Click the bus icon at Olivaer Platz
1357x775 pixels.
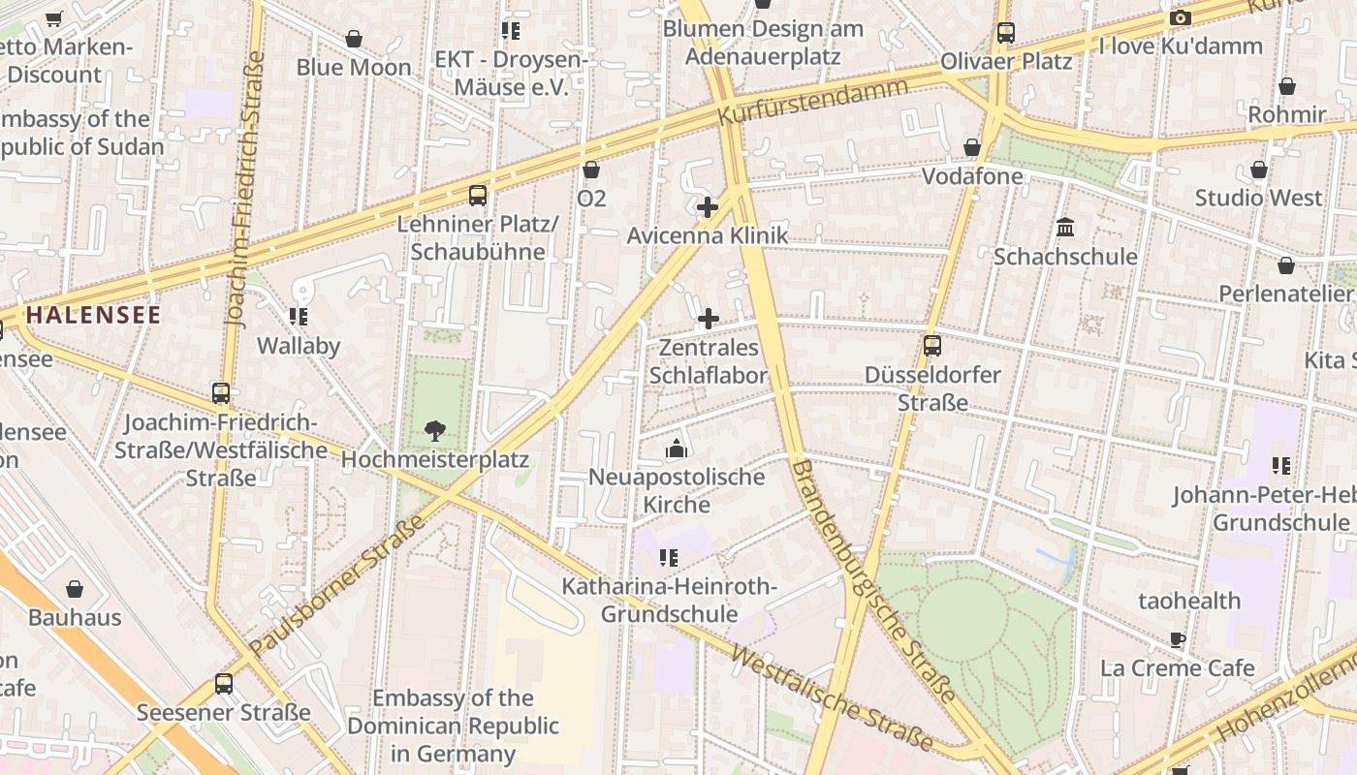click(x=1006, y=33)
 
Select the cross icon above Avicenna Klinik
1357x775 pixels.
click(x=708, y=206)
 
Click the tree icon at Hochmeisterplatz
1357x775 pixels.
click(x=434, y=430)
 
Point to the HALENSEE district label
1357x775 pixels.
click(x=93, y=315)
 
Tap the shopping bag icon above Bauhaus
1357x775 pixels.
click(x=75, y=589)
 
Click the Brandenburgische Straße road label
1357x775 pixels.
click(x=873, y=582)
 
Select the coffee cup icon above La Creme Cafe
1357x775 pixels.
click(x=1177, y=639)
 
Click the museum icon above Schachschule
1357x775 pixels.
click(x=1065, y=228)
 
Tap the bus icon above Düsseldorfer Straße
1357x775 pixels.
click(x=931, y=345)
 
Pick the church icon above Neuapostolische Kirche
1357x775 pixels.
click(x=677, y=449)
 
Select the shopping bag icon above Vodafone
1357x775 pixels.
click(x=972, y=147)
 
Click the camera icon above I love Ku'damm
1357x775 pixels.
click(x=1180, y=17)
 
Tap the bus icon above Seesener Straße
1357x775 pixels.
click(x=224, y=684)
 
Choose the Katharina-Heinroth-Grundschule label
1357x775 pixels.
click(x=669, y=600)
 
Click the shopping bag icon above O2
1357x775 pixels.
click(x=591, y=170)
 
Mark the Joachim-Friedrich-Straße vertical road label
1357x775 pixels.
click(x=244, y=189)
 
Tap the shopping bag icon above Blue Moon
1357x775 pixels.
click(x=354, y=39)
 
